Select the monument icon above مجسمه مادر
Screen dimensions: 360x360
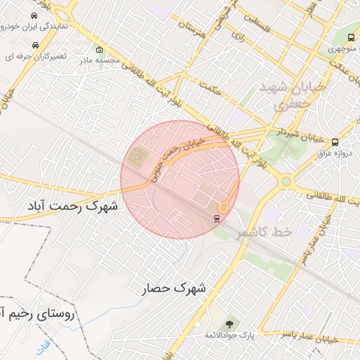(x=99, y=50)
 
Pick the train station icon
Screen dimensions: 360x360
(x=217, y=218)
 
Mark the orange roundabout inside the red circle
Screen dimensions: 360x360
(x=223, y=207)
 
